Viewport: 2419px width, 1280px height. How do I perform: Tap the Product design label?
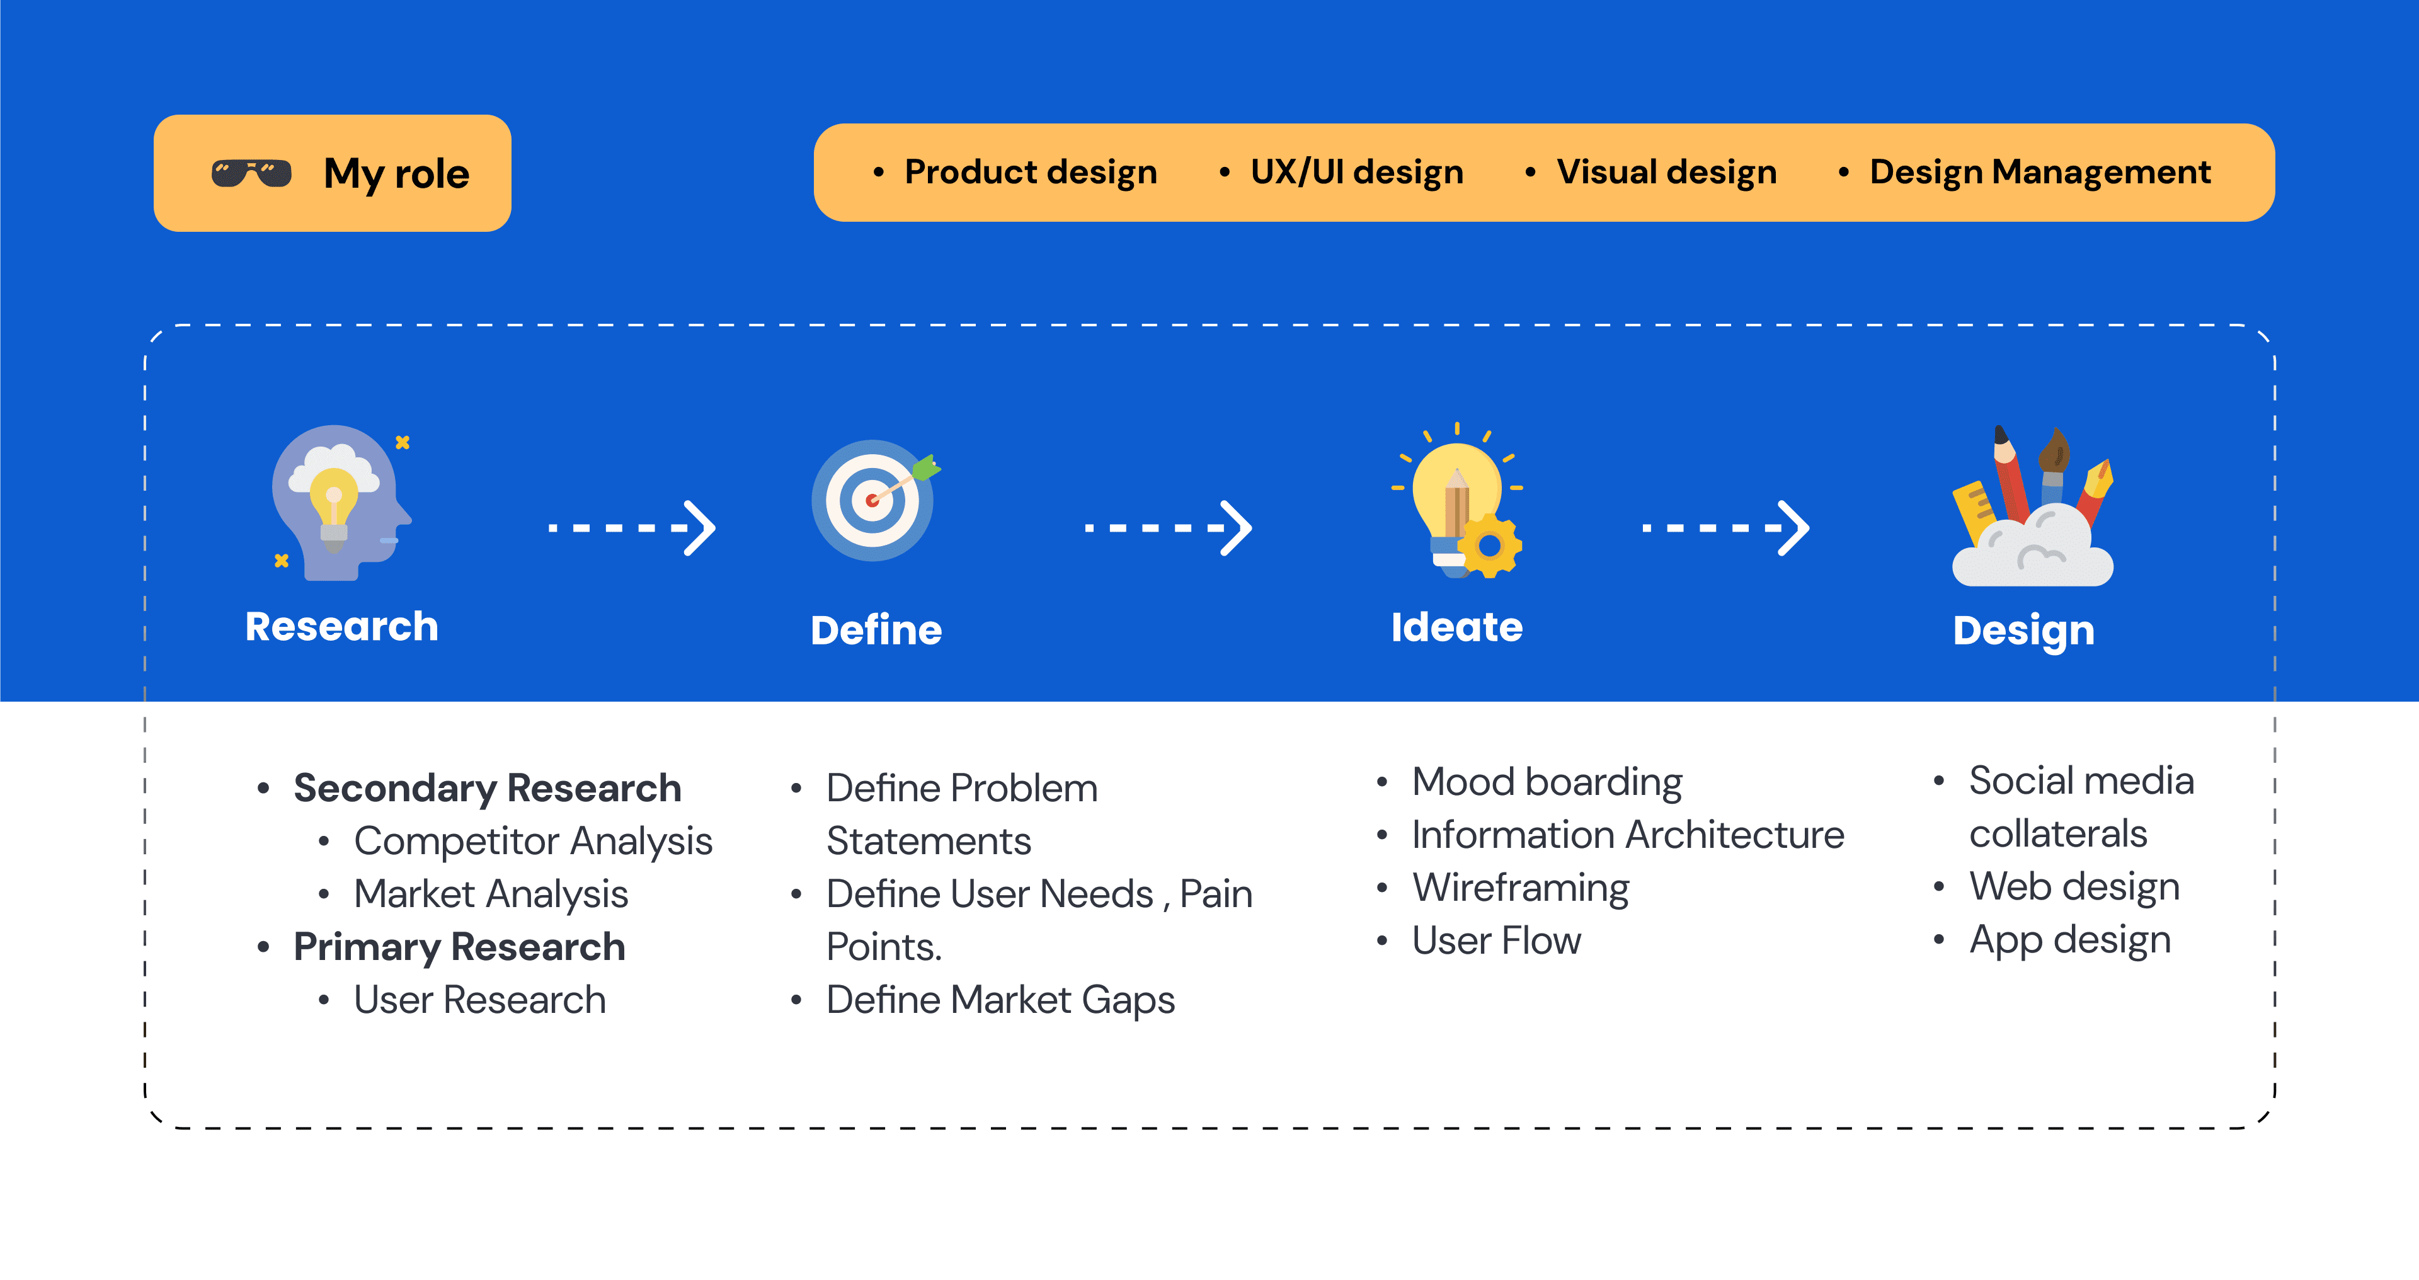1030,173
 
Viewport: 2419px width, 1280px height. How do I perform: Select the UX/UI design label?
1357,173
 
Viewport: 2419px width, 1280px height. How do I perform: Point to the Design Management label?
2040,173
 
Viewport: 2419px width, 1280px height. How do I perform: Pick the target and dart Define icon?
875,501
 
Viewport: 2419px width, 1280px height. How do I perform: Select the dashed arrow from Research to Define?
632,528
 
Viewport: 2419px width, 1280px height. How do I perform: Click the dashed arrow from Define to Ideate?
1168,528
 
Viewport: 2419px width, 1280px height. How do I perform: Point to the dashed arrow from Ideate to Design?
1725,528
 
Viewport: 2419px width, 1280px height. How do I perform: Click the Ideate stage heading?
1456,627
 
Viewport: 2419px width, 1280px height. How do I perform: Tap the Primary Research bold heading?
459,947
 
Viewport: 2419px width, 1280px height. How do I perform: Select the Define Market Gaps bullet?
1000,1001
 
